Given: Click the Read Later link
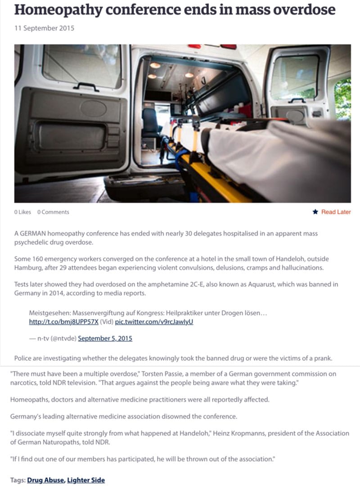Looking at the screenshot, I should tap(336, 212).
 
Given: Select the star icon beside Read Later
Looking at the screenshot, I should tap(315, 212).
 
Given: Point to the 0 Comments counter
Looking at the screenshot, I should tap(53, 212).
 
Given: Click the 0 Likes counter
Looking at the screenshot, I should tap(22, 212).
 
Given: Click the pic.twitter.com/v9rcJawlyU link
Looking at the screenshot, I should tap(154, 322).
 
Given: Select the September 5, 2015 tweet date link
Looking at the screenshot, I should tap(105, 338).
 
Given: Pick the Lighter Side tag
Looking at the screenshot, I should tap(86, 480).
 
